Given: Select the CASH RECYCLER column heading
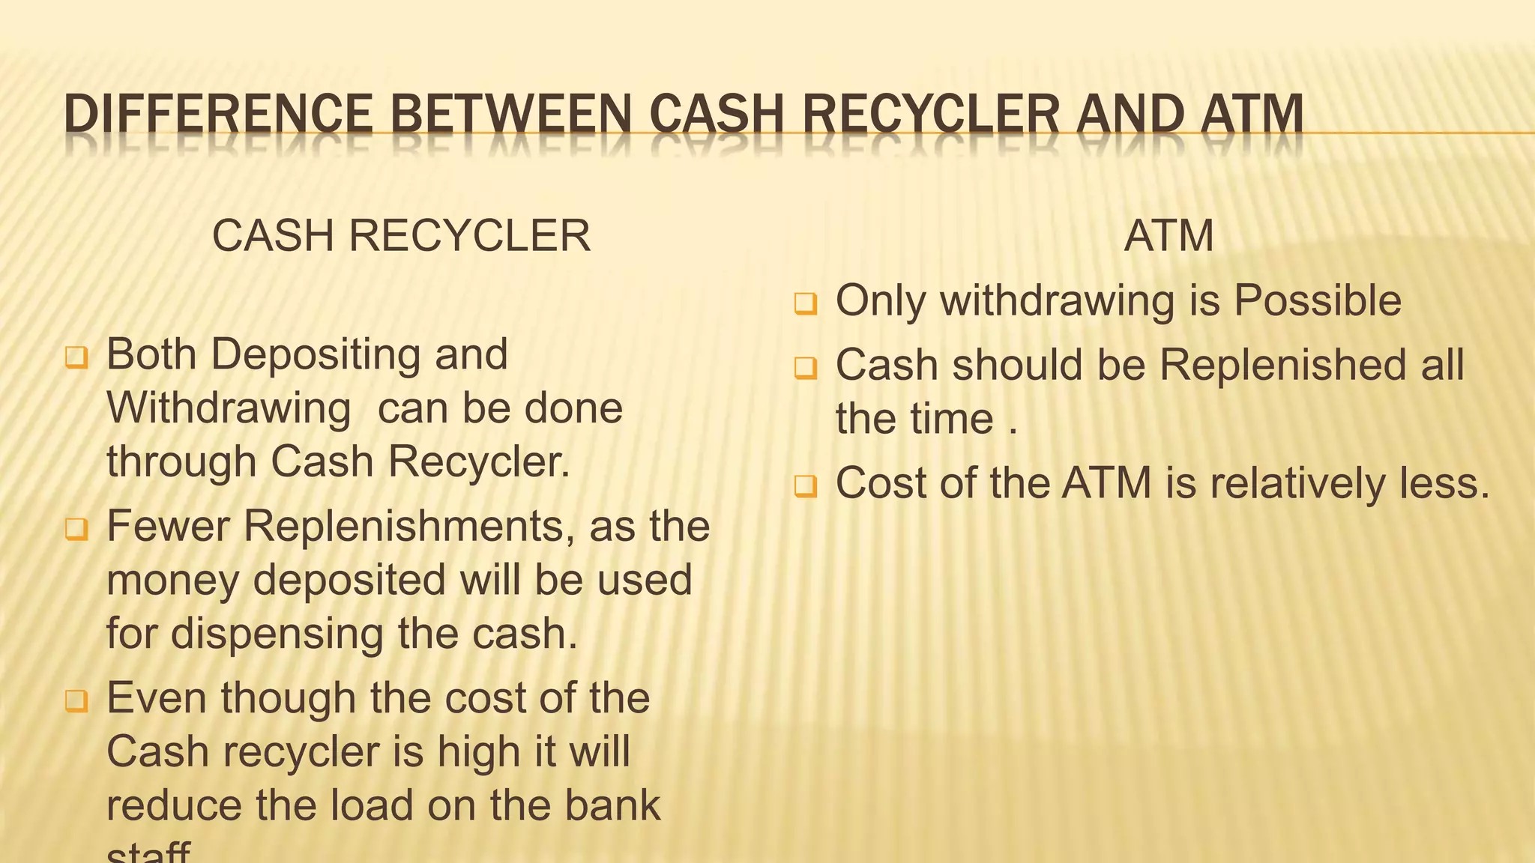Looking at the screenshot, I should pos(402,236).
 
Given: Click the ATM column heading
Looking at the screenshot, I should pos(1168,236).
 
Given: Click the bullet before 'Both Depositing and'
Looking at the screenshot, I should pos(76,357).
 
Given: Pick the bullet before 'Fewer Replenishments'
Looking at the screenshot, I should pos(76,529).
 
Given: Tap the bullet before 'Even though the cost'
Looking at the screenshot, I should pos(76,701).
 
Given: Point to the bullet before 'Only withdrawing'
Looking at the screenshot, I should pos(806,303).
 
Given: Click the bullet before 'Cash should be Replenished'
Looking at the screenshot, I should pos(806,368).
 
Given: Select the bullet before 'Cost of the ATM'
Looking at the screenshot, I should pos(806,486).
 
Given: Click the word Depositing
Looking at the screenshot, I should pos(316,354).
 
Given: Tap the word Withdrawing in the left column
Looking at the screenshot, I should pos(229,408).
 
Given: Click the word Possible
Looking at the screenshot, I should pos(1318,300).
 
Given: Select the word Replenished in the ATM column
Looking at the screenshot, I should pos(1282,365).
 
